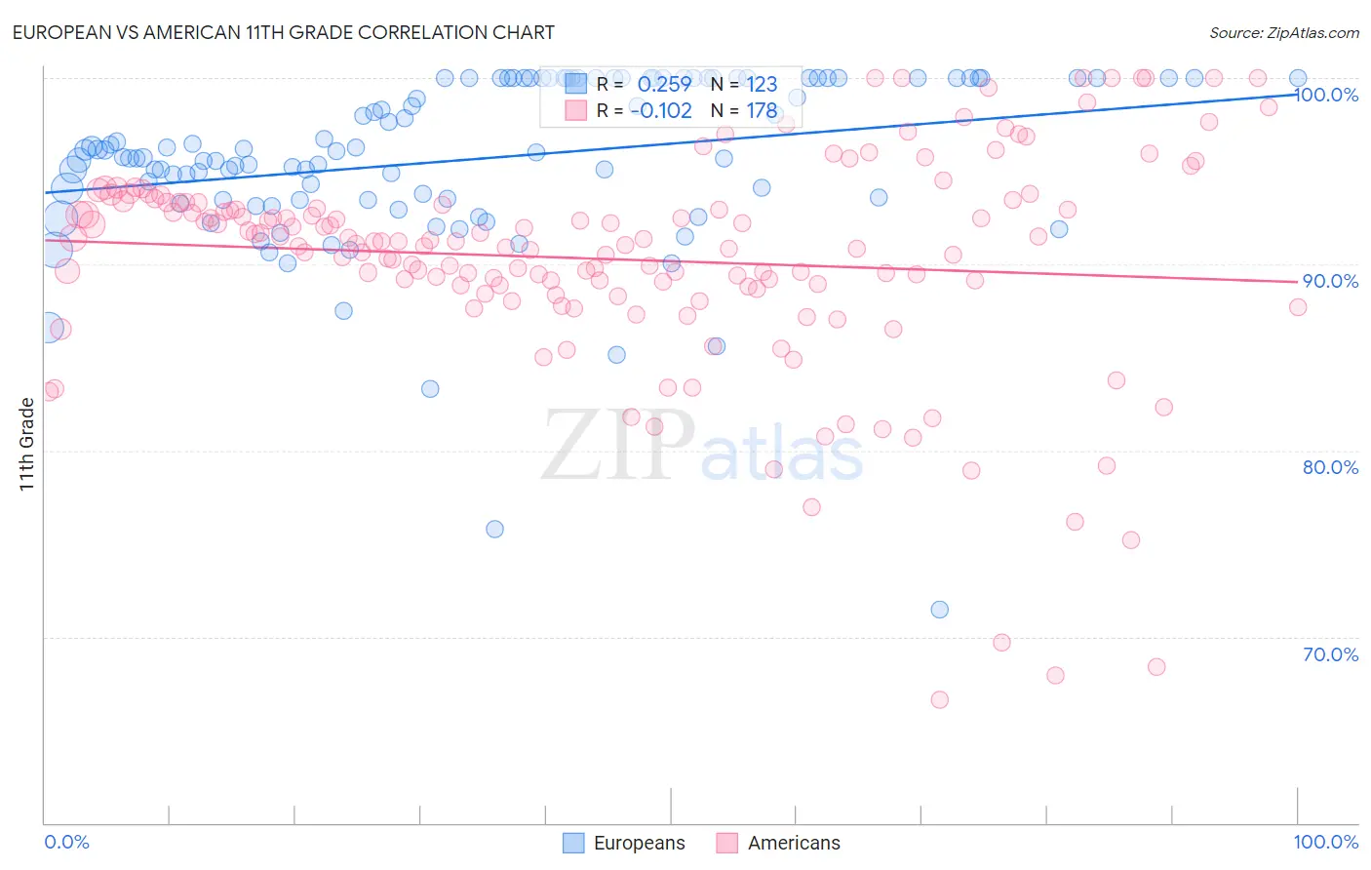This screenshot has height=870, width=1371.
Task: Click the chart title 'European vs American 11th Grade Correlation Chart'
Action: point(284,32)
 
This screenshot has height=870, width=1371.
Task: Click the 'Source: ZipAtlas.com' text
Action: point(1283,33)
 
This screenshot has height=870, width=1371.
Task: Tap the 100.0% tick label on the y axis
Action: point(1326,96)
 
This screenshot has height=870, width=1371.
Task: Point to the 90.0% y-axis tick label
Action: point(1330,281)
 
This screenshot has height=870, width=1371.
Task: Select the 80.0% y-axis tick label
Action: point(1330,467)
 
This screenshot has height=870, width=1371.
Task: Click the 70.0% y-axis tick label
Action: point(1330,654)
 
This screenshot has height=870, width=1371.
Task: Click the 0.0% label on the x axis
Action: point(66,842)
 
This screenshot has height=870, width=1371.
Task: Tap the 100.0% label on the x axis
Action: point(1325,842)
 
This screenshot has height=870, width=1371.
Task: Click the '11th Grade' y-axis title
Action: point(27,444)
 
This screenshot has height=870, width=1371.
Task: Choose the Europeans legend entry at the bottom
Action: point(625,843)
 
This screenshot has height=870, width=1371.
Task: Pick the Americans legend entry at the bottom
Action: point(778,843)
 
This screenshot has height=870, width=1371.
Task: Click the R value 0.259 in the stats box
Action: point(664,84)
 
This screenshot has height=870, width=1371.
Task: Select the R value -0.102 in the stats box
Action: point(661,111)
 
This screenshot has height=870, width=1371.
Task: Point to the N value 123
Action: point(762,84)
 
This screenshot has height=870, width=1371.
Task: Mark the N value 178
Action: point(762,111)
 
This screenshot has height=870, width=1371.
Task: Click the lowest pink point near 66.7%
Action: point(939,699)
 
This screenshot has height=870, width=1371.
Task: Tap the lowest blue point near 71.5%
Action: point(939,610)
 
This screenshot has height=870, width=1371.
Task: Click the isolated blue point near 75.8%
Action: point(494,529)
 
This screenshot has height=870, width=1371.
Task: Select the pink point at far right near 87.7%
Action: point(1298,307)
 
